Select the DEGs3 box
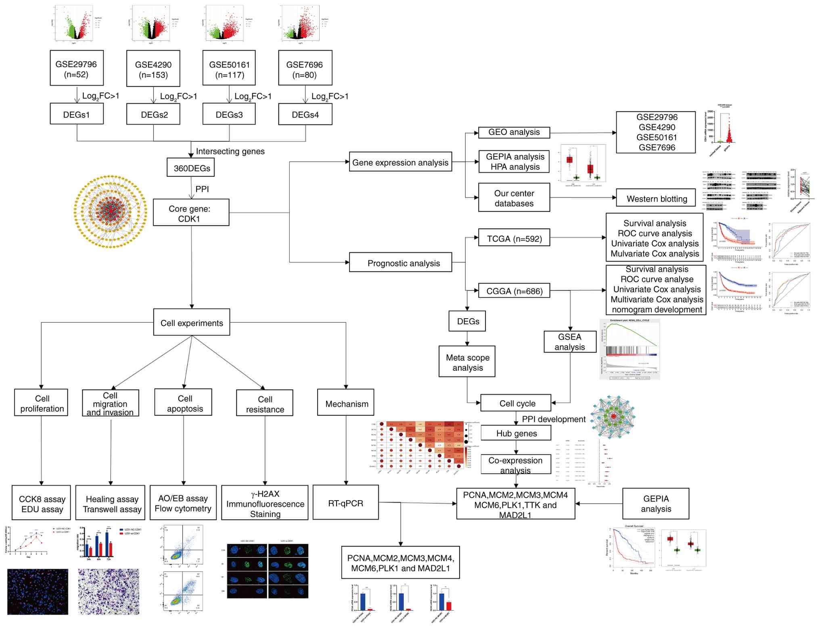pos(229,115)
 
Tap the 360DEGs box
pos(191,168)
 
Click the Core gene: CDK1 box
pos(191,213)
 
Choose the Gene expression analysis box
pos(400,162)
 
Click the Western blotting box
pos(656,198)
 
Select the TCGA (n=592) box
pos(514,238)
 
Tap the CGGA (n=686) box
pos(514,290)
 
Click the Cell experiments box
pos(192,322)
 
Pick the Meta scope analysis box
pos(467,362)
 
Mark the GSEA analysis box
pos(569,342)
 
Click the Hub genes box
pos(516,433)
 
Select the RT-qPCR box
pos(346,503)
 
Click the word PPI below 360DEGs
pos(202,189)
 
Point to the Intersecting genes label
pos(230,151)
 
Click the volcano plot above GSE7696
pos(301,23)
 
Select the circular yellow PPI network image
pos(111,211)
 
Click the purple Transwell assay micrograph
pos(109,591)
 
